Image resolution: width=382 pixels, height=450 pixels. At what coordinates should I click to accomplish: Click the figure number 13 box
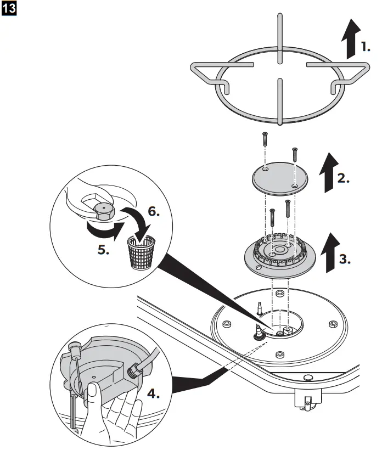coord(9,10)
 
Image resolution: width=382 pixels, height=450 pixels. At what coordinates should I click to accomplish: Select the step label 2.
coord(344,179)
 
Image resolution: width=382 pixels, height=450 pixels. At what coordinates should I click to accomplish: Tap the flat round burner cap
coord(279,178)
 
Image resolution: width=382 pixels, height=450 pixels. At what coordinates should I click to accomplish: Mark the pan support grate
coord(279,88)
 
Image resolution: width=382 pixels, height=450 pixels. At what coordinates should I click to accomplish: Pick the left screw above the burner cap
coord(264,140)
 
